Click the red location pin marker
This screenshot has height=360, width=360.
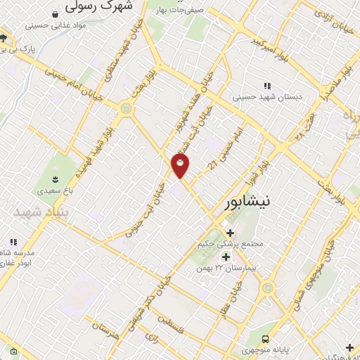tap(181, 166)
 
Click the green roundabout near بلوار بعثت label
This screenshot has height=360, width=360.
tap(127, 108)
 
